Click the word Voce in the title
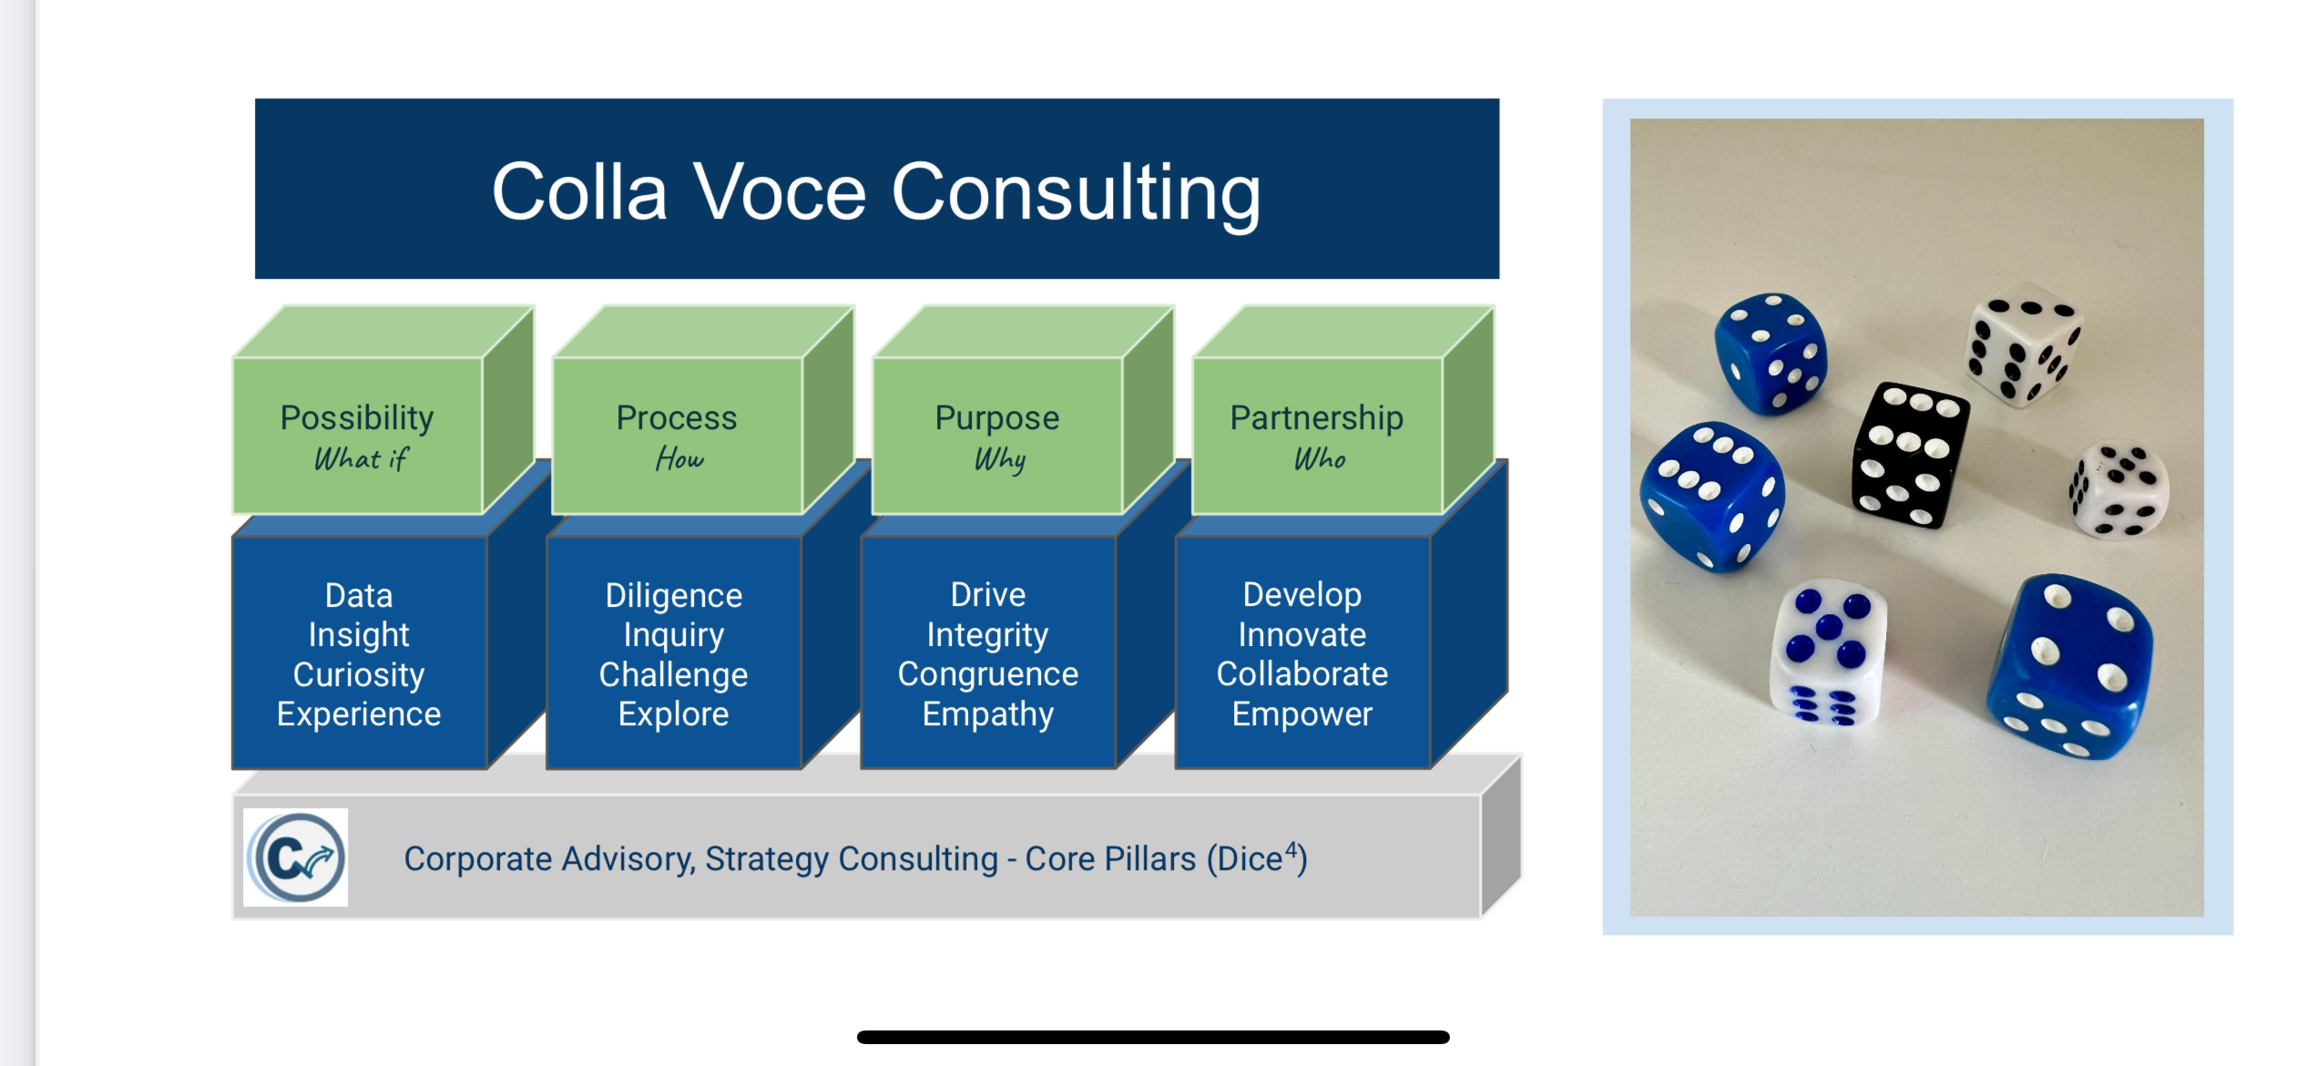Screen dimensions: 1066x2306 780,192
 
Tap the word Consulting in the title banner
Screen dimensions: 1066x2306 1076,194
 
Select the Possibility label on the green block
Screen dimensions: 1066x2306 357,418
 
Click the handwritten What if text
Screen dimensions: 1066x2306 361,459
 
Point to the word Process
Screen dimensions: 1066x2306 677,418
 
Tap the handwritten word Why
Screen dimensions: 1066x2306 1000,460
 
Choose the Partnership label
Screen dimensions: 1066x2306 1316,418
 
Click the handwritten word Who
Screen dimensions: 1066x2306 1320,459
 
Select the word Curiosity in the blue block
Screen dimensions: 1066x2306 359,675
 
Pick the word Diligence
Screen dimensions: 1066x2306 674,596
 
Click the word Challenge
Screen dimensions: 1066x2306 674,675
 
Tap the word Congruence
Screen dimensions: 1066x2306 988,674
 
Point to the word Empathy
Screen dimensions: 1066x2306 988,714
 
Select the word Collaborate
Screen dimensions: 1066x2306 1302,674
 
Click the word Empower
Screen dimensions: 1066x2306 1302,714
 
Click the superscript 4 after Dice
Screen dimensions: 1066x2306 1291,849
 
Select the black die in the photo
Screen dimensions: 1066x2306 1909,454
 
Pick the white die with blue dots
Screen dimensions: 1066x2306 1827,651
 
